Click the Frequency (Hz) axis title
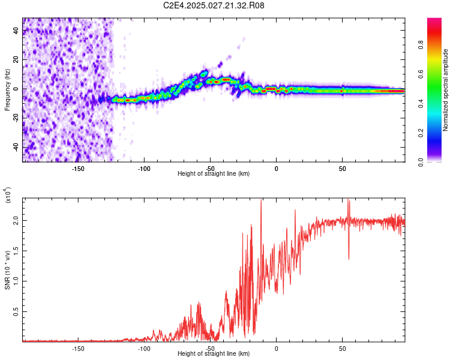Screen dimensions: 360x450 pyautogui.click(x=7, y=90)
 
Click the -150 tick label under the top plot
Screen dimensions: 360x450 pyautogui.click(x=78, y=168)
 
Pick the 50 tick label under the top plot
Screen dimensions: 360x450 pyautogui.click(x=342, y=168)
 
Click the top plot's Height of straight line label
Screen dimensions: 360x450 pyautogui.click(x=214, y=173)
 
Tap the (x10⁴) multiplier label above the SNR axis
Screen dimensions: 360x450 pyautogui.click(x=8, y=195)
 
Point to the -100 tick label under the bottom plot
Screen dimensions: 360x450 pyautogui.click(x=144, y=348)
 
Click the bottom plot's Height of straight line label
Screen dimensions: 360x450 pyautogui.click(x=214, y=353)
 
